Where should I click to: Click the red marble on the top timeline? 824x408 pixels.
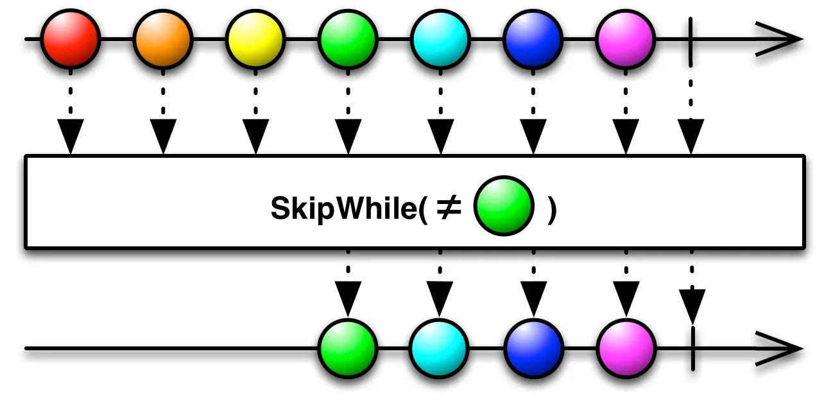71,39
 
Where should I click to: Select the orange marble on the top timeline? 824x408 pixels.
163,39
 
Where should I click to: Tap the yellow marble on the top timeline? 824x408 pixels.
255,39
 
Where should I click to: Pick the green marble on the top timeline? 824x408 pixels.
348,39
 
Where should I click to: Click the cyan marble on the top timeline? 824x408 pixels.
440,39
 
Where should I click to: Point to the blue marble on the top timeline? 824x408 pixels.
533,39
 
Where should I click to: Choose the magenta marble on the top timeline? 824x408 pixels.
625,39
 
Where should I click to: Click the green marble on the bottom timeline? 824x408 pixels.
348,349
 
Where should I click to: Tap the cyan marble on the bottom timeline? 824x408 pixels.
440,349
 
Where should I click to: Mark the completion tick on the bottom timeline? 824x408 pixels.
692,349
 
